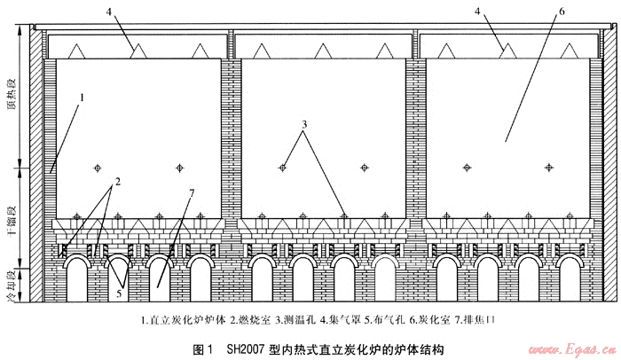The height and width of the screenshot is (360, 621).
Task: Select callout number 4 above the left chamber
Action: tap(112, 13)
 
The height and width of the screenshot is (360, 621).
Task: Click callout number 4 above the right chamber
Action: tap(503, 13)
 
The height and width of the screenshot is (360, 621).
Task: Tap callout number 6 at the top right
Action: tap(536, 13)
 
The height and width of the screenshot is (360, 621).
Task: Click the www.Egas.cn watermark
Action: tap(573, 348)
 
